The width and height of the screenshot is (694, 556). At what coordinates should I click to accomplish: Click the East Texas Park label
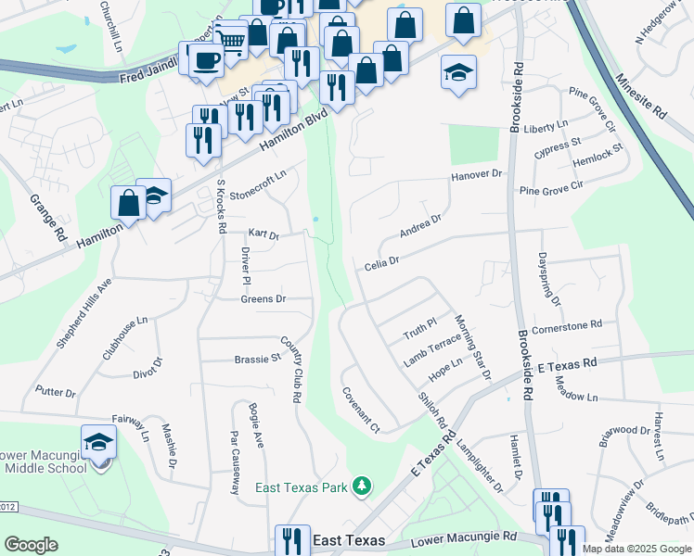click(302, 486)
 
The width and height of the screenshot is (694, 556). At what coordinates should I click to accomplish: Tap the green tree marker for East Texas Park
click(364, 486)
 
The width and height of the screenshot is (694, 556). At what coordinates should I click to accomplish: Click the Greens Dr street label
click(263, 299)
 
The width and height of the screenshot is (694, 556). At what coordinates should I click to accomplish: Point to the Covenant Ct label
click(362, 410)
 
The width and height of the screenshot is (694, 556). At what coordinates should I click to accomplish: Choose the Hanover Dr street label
click(476, 174)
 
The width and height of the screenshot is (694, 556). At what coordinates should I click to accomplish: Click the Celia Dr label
click(381, 262)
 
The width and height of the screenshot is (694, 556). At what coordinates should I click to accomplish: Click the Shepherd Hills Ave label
click(84, 312)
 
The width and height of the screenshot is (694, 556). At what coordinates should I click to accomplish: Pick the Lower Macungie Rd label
click(463, 537)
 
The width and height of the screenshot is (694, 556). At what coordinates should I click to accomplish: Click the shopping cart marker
click(232, 40)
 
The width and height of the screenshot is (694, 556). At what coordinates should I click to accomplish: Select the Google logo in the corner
click(31, 545)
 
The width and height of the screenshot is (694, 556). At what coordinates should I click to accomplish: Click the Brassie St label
click(257, 359)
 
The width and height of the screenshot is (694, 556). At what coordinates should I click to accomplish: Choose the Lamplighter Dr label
click(478, 464)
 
